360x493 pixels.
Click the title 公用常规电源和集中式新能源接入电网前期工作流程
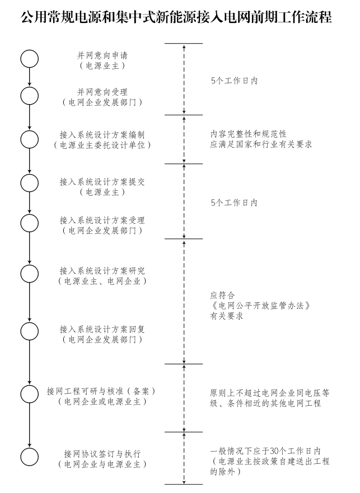[180, 17]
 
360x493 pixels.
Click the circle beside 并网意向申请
[30, 59]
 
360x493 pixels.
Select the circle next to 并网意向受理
[30, 96]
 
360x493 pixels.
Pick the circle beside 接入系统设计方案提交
[30, 182]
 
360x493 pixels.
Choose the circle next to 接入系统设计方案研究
[30, 273]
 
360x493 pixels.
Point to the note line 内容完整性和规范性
[248, 134]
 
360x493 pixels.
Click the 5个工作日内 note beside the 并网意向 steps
[234, 81]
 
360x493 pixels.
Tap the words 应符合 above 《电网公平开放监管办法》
[222, 295]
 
